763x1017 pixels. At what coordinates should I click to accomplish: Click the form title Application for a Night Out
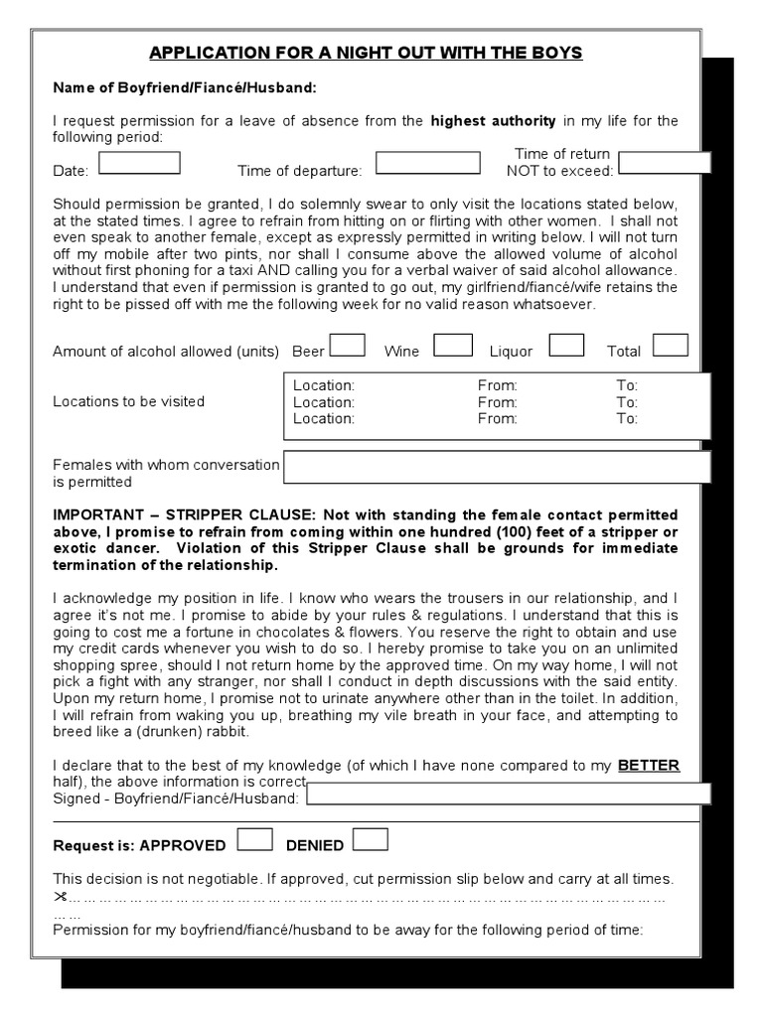tap(366, 53)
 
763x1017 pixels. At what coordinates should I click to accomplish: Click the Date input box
tap(139, 163)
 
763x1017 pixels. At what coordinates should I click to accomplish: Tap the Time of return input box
tap(664, 163)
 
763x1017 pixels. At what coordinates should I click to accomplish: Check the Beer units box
tap(347, 345)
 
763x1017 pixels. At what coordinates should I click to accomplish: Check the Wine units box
tap(453, 345)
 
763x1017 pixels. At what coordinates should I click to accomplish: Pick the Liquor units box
tap(566, 345)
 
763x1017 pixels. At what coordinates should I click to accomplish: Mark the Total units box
tap(670, 345)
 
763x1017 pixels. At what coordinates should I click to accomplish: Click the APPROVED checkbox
tap(255, 840)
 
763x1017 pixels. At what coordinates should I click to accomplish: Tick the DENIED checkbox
tap(371, 840)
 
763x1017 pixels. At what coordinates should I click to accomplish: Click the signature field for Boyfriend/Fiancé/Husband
tap(509, 794)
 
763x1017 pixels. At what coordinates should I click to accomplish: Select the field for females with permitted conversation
tap(497, 468)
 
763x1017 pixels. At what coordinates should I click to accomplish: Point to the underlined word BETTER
tap(649, 765)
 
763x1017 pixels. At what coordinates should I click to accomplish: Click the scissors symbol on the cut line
tap(60, 896)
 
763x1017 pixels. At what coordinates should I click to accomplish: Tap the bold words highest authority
tap(493, 121)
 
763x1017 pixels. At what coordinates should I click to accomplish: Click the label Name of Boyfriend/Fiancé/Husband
tap(185, 88)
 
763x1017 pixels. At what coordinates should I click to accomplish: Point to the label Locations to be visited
tap(128, 401)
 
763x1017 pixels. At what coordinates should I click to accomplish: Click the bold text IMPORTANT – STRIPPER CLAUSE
tap(183, 514)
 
